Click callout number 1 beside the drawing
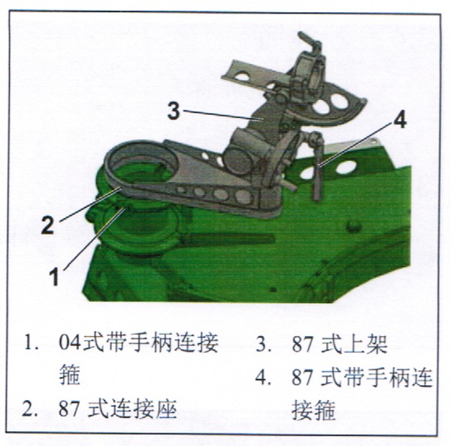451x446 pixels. point(54,276)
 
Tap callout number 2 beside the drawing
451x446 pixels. point(48,224)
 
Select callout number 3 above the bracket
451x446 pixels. point(174,111)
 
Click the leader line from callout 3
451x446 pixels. point(223,114)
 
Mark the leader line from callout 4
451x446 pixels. point(356,144)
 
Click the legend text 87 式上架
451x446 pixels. point(340,344)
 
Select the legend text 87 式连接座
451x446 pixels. point(117,408)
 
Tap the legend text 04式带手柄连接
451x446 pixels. point(138,342)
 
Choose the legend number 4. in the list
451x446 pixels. point(263,378)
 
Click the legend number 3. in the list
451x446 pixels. point(263,344)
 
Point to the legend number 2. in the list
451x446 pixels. point(29,409)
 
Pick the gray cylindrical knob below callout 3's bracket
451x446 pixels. point(238,159)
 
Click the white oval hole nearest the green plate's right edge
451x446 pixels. point(346,167)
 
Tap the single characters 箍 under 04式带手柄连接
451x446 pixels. point(70,375)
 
